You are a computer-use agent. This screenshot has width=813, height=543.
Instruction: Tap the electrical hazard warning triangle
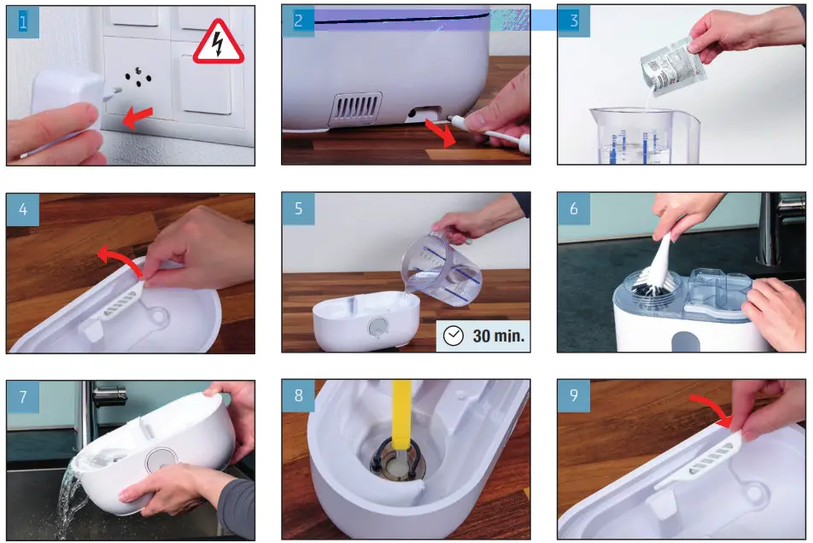tap(217, 43)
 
